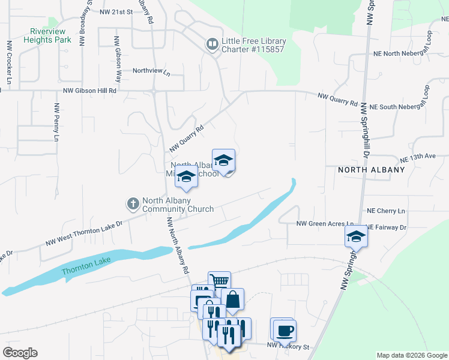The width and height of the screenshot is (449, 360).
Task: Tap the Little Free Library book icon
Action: pos(211,43)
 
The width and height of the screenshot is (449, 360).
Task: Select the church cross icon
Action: pos(133,204)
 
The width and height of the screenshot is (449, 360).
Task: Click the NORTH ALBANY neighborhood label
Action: pos(371,170)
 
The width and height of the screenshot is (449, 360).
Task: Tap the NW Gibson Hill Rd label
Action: pos(89,91)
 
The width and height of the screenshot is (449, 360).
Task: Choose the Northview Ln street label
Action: pos(151,71)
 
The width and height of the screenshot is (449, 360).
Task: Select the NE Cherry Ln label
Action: pos(385,211)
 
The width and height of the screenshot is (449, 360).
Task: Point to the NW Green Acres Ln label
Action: pos(325,224)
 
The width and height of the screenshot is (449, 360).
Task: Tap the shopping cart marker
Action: pos(219,281)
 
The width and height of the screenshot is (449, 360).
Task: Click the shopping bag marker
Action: pos(232,298)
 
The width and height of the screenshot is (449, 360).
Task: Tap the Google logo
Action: pos(20,353)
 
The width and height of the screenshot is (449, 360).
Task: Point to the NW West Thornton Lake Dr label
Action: pos(84,233)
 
